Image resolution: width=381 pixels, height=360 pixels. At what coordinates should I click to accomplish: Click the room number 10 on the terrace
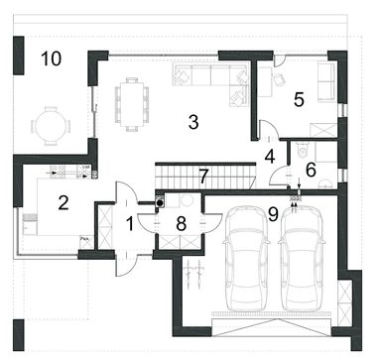point(52,59)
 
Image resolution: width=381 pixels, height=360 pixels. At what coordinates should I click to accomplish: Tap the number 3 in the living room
point(193,122)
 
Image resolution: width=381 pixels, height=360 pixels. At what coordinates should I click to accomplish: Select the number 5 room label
point(299,99)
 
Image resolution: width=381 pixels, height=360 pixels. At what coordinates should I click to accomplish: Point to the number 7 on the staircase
point(203,177)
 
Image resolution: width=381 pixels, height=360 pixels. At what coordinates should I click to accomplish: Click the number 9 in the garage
point(273,214)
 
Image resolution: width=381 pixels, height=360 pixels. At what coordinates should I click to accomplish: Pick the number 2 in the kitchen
point(63,202)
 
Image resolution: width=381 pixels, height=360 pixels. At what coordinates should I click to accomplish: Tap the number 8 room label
point(181,224)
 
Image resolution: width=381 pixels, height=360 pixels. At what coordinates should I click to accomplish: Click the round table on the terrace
point(51,126)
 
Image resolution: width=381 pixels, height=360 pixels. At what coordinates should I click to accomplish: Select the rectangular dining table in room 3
point(132,104)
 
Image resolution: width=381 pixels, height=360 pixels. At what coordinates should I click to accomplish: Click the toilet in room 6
point(303,150)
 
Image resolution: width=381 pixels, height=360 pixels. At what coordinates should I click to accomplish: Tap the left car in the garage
point(245,259)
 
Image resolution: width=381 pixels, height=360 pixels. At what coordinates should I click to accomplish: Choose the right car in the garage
point(301,259)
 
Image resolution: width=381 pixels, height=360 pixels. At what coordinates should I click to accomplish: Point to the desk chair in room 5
point(280,79)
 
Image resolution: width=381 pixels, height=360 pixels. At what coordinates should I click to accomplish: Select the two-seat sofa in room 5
point(326,81)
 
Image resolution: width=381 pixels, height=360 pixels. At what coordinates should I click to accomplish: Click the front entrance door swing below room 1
point(126,266)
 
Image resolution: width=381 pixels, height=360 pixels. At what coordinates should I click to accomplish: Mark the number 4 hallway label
point(270,157)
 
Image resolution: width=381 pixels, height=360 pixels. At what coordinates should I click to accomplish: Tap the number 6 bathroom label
point(311,170)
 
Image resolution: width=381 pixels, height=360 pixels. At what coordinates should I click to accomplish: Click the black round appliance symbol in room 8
point(160,202)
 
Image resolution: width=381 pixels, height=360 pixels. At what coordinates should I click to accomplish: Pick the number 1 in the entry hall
point(130,224)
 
